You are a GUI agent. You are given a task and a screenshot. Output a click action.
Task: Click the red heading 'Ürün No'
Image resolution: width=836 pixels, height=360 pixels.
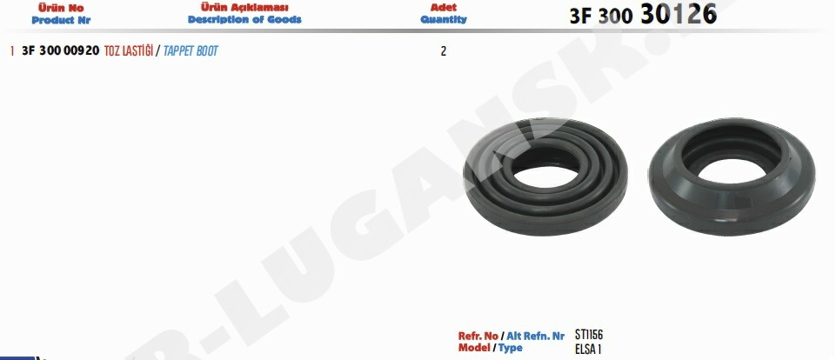pos(61,8)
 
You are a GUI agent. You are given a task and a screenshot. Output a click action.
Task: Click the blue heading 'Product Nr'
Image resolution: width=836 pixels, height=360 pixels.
pos(61,20)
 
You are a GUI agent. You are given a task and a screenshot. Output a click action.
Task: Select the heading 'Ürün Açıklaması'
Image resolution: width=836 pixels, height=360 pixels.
pos(244,8)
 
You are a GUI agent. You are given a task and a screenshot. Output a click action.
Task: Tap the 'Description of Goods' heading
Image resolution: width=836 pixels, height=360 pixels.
pos(244,20)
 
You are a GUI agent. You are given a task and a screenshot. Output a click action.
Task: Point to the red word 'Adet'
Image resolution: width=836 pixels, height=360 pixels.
pos(444,8)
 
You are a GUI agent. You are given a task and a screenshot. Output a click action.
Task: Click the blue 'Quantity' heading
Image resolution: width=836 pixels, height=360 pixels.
pos(444,20)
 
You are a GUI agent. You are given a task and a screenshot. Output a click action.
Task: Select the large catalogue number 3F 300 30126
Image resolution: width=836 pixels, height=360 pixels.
pos(643,15)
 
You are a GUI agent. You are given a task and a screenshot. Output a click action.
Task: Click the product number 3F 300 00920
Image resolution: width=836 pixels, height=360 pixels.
pos(61,51)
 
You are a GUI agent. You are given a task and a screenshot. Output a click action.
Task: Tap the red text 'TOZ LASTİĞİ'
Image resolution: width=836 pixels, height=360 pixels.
pos(129,51)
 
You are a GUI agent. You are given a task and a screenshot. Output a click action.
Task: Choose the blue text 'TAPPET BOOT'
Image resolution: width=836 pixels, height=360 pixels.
pos(191,51)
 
